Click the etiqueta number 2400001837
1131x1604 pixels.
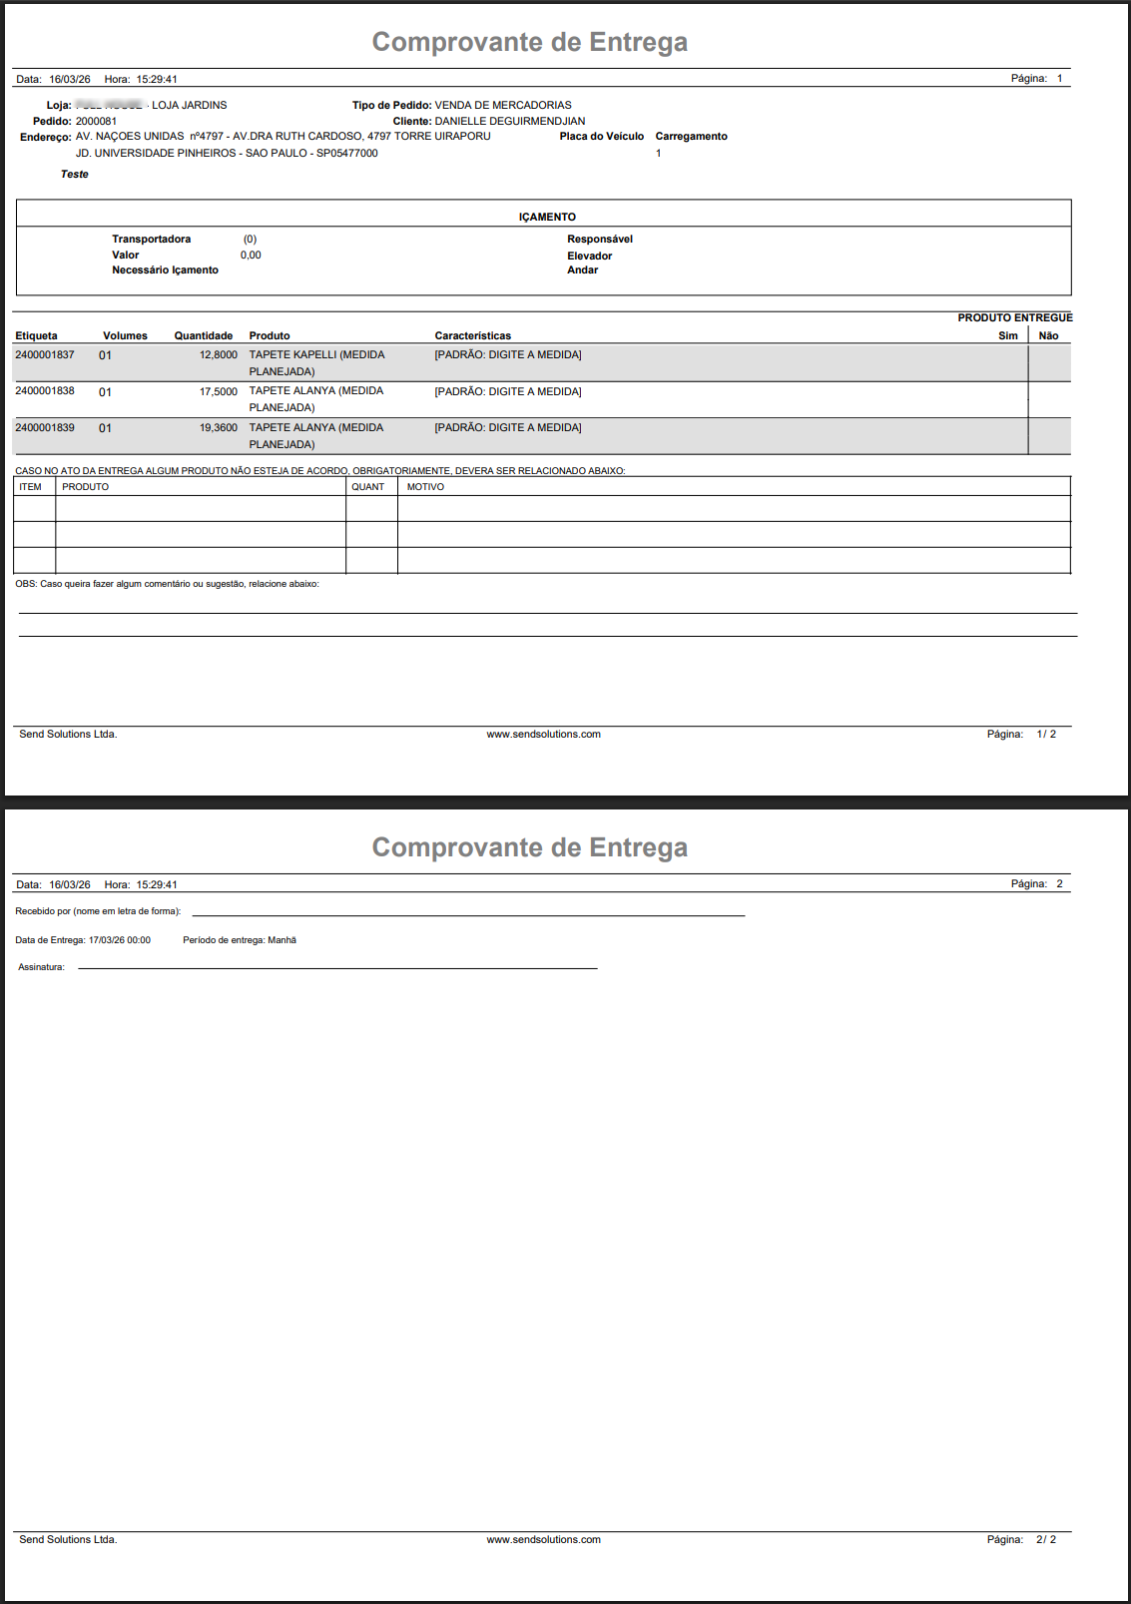point(45,355)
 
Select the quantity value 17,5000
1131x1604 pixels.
point(218,392)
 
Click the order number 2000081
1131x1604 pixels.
point(96,122)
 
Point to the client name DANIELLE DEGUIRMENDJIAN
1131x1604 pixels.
point(509,122)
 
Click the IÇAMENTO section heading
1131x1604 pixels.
point(547,217)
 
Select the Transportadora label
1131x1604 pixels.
point(151,240)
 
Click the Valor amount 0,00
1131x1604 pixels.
point(251,256)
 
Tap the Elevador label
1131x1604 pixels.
point(589,257)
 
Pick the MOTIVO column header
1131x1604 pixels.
point(425,487)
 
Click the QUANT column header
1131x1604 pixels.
point(367,487)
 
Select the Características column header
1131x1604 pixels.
point(472,336)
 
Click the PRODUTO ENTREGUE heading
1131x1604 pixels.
point(1014,318)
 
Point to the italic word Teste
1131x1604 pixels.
point(74,175)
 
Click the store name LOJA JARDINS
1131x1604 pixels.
point(189,106)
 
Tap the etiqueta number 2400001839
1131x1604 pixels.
point(45,428)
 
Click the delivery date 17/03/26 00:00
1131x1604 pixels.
point(119,940)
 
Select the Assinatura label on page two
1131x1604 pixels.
point(41,967)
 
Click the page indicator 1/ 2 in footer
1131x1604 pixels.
point(1045,735)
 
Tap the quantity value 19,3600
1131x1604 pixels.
point(218,428)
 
